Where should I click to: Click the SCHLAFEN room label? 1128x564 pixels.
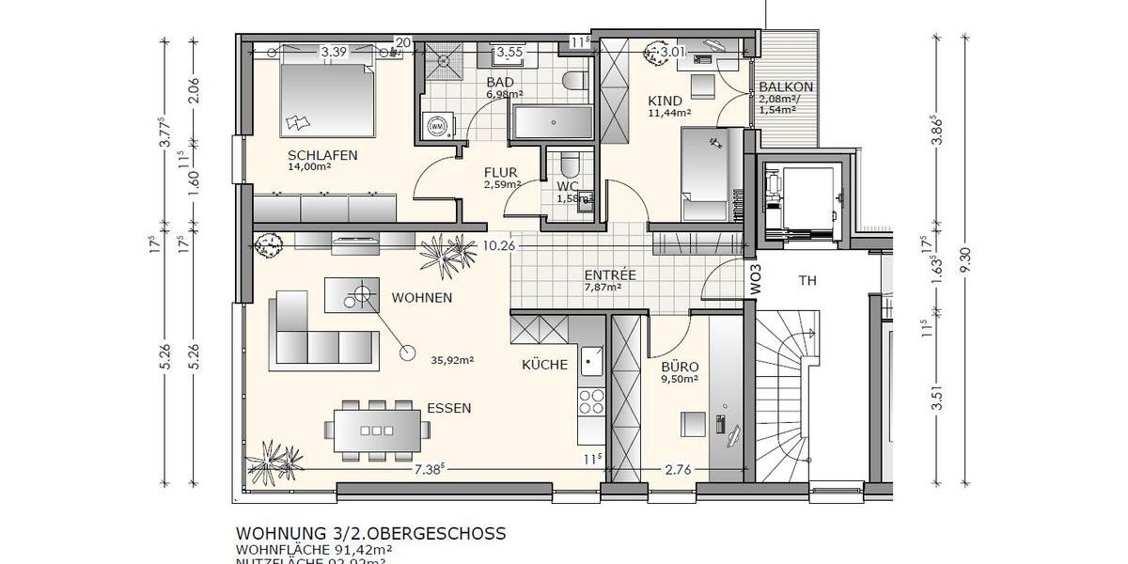click(322, 155)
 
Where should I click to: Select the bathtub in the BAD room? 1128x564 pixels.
click(552, 121)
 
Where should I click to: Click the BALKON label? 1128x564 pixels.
click(786, 87)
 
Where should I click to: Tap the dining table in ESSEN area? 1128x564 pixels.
click(378, 431)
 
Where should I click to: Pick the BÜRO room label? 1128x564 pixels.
click(680, 367)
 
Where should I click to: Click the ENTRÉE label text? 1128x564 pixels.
click(610, 275)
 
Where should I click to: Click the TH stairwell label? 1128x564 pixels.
click(807, 280)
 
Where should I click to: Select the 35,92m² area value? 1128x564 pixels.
click(452, 359)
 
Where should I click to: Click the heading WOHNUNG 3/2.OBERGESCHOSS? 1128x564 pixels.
click(370, 533)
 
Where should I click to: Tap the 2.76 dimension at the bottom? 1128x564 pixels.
click(679, 469)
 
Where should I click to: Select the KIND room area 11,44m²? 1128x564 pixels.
click(669, 113)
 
